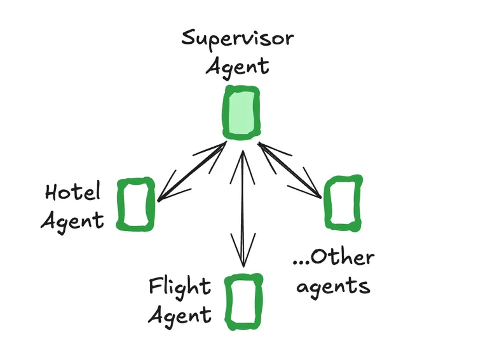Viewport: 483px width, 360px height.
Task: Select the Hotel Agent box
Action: [x=136, y=204]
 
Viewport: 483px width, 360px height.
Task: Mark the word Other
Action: [x=343, y=258]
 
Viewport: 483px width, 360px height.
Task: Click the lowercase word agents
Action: [x=333, y=286]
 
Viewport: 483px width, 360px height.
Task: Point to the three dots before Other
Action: [x=300, y=263]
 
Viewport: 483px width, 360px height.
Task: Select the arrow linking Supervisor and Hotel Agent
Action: [x=191, y=173]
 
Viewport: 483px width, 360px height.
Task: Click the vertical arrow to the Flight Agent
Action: [x=241, y=203]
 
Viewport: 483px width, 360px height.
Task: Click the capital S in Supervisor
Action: [x=188, y=38]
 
